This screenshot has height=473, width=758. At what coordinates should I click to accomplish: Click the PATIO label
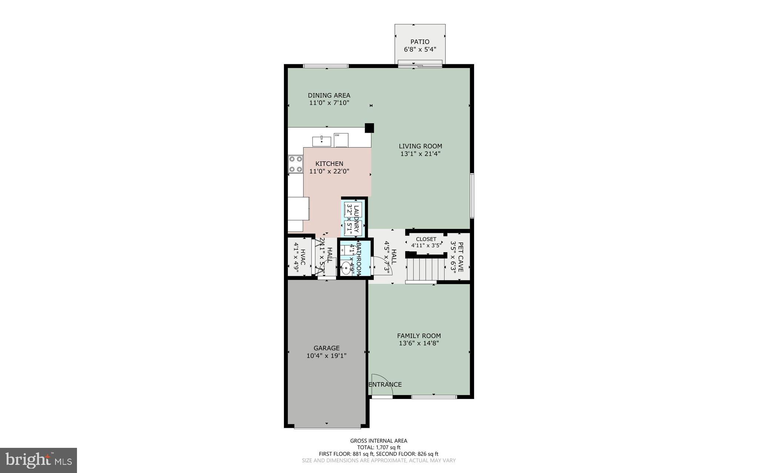[420, 42]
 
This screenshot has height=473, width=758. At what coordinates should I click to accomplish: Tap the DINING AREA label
[329, 95]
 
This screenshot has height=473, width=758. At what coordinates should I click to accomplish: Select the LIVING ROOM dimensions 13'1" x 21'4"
[420, 154]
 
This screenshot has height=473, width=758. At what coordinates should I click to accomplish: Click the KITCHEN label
[329, 163]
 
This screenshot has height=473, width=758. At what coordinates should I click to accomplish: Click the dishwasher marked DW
[341, 140]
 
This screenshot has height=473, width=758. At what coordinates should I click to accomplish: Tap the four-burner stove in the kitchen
[296, 164]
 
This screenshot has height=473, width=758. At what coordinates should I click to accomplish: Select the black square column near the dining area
[369, 128]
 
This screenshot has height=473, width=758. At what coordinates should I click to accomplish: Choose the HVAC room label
[303, 257]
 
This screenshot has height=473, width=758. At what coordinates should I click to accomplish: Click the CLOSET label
[426, 239]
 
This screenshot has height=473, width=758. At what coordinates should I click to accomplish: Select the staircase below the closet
[425, 270]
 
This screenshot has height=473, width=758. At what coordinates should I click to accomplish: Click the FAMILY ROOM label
[419, 336]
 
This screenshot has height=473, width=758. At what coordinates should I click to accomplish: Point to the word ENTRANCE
[385, 385]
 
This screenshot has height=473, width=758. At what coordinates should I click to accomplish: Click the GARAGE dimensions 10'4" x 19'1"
[326, 356]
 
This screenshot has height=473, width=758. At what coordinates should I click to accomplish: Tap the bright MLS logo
[38, 460]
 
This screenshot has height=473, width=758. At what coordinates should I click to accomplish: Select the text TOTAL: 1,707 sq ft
[379, 447]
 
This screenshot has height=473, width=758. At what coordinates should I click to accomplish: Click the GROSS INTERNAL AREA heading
[379, 441]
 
